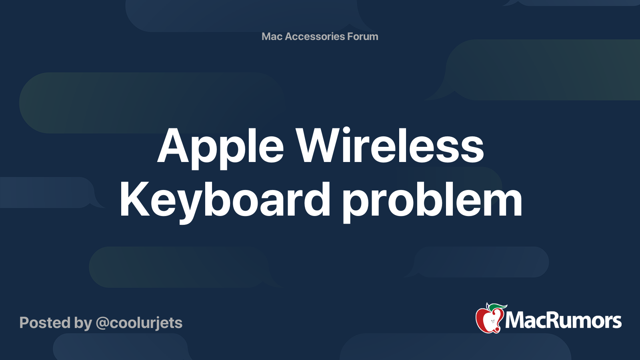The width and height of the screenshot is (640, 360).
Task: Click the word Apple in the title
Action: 220,148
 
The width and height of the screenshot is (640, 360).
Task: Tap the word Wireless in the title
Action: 390,145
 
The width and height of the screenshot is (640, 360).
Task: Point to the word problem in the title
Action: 432,202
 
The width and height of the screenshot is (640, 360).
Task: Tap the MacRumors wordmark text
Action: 563,320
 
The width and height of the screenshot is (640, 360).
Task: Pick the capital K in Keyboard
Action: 135,199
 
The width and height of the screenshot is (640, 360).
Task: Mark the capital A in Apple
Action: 174,145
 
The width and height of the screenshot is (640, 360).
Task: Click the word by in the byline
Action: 83,324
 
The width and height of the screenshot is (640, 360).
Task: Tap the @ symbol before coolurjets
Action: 103,324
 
